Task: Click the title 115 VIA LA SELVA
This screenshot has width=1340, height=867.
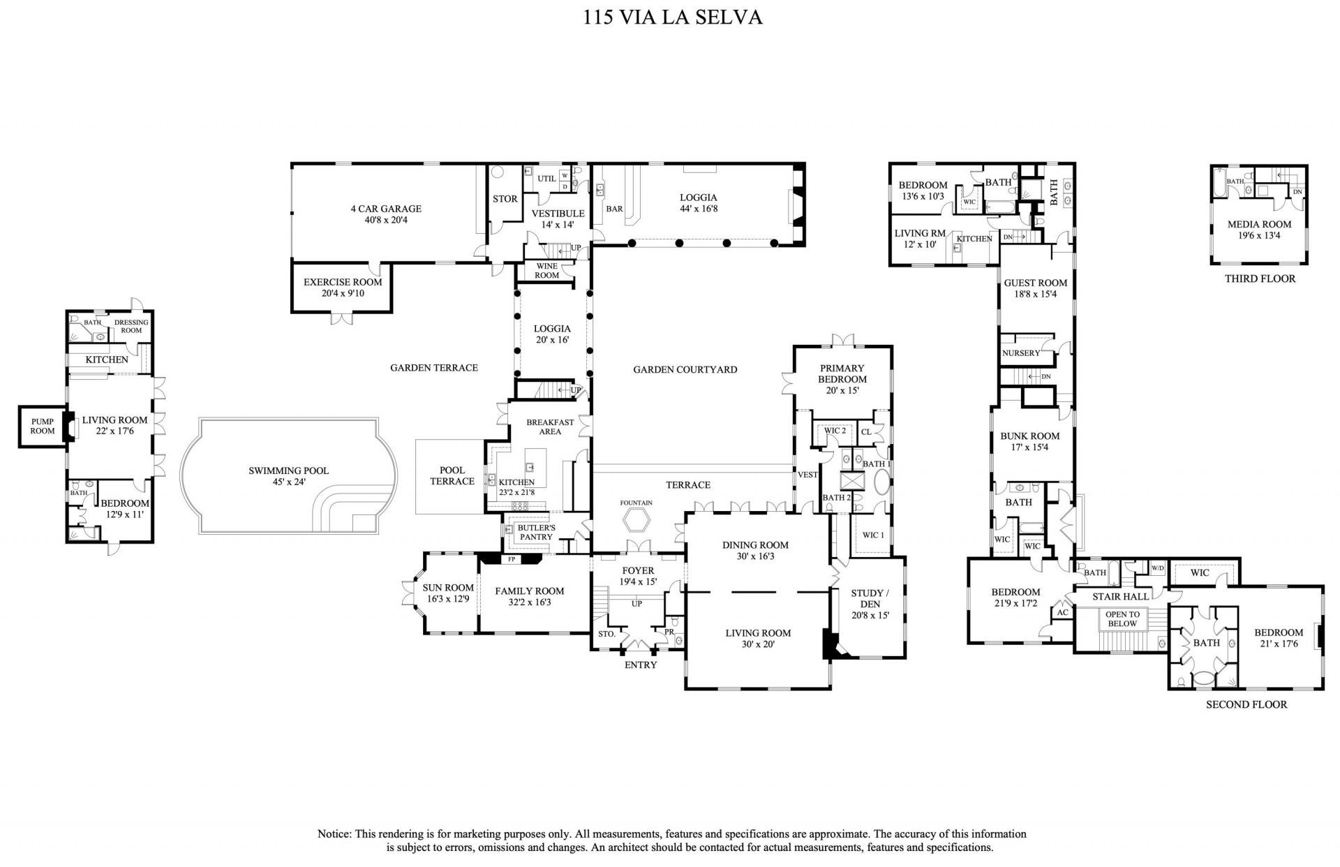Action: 672,17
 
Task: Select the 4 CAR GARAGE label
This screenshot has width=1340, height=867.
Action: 386,209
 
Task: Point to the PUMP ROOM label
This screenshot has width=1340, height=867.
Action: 43,427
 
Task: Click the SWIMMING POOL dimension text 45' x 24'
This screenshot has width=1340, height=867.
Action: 288,482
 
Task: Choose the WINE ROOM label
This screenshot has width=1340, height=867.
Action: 546,271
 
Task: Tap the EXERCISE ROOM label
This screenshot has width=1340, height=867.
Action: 343,283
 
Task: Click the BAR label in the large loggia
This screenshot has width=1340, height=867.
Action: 614,209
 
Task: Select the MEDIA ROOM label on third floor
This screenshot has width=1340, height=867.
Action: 1259,225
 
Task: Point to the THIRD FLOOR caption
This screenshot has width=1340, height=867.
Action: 1260,279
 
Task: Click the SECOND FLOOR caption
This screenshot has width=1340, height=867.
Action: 1246,704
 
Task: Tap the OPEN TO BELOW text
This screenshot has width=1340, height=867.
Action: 1122,619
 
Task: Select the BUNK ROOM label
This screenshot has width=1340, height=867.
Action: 1029,436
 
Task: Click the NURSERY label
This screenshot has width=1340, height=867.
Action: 1021,353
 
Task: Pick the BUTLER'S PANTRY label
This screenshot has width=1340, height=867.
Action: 536,532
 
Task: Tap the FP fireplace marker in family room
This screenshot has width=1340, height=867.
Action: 512,559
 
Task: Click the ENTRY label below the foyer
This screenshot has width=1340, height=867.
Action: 640,665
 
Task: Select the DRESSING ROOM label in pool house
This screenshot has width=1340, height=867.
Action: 131,326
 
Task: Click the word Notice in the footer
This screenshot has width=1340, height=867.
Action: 334,834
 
